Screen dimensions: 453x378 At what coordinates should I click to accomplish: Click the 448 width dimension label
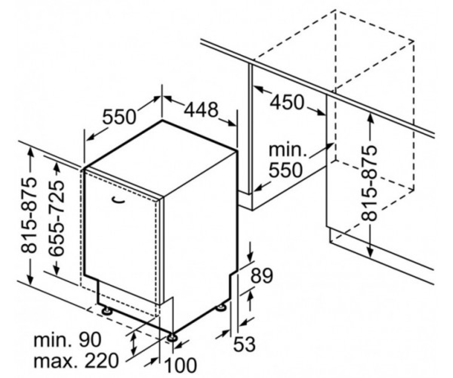pos(201,110)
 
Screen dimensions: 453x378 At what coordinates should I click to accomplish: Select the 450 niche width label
pos(287,102)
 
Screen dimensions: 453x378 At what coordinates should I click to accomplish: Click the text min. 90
pos(68,339)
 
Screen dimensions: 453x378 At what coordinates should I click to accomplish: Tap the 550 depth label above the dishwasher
pos(119,117)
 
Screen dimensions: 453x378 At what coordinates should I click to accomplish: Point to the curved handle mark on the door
pos(119,200)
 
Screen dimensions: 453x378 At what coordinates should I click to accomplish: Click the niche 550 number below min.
pos(285,170)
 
